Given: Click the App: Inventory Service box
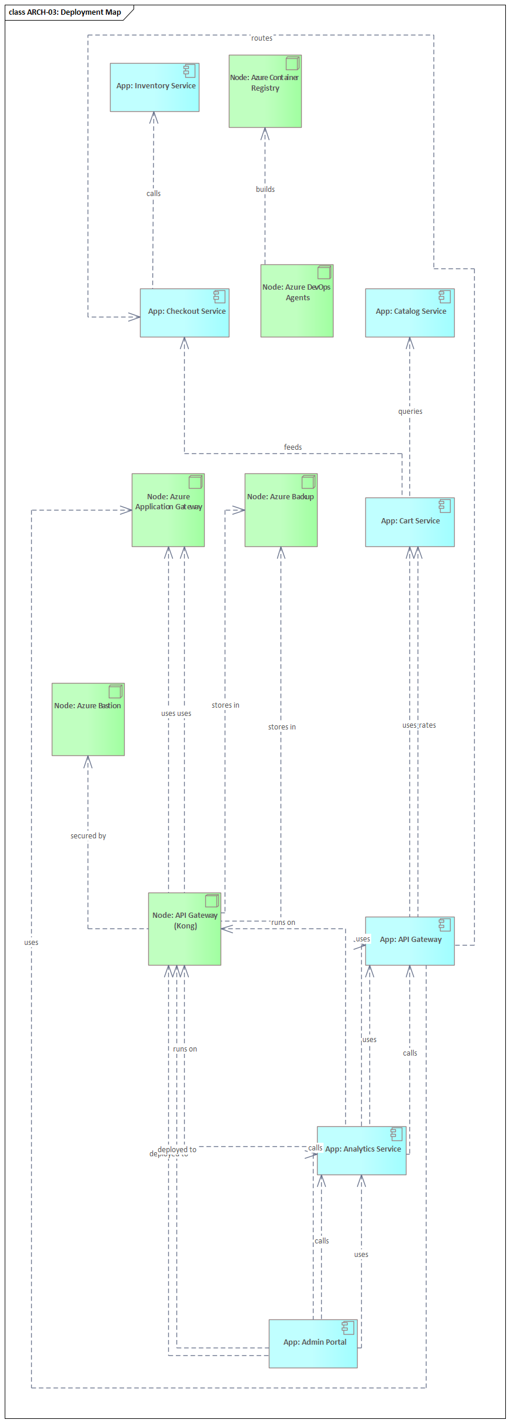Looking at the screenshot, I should click(154, 88).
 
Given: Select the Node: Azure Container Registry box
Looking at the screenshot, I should click(265, 91).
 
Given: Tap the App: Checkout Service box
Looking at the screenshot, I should click(184, 313).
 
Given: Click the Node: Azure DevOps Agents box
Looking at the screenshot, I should click(296, 301).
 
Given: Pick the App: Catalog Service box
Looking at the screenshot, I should click(409, 313).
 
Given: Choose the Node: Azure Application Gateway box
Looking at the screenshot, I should click(168, 510).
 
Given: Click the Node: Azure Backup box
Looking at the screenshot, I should click(281, 510).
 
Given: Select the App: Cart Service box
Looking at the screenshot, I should click(409, 522).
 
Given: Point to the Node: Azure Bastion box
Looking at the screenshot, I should click(88, 719).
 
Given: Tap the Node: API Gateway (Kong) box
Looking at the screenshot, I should click(184, 929).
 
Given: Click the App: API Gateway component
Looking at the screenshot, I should click(409, 941).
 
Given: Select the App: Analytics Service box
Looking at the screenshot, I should click(361, 1150).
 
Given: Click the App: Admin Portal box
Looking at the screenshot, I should click(313, 1344).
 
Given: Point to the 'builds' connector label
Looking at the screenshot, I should click(265, 190).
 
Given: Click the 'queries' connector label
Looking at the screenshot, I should click(410, 412).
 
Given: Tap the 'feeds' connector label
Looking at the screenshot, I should click(293, 447).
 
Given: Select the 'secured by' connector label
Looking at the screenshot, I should click(88, 836).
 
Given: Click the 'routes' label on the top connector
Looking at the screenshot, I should click(262, 38).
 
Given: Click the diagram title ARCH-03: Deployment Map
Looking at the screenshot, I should click(65, 12).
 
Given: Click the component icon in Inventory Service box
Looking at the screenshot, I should click(189, 71).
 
